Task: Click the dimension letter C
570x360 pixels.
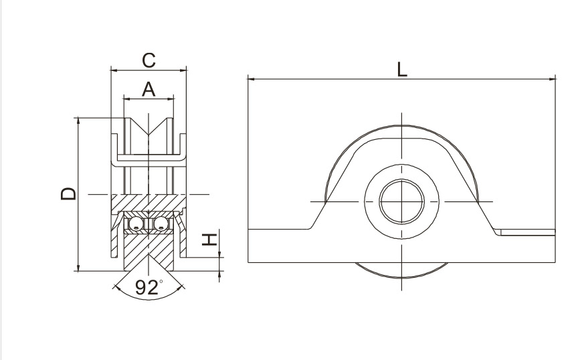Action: coord(149,60)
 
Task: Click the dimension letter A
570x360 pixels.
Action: coord(149,90)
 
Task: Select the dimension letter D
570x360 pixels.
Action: coord(68,194)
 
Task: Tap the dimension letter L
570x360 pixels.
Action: coord(401,70)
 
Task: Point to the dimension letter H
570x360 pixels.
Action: coord(209,240)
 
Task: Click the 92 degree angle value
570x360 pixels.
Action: coord(147,287)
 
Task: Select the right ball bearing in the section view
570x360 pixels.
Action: coord(161,224)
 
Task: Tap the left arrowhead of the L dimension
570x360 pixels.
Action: coord(251,78)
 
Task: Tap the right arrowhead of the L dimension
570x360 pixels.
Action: coord(553,78)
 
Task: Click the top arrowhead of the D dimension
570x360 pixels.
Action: coord(78,120)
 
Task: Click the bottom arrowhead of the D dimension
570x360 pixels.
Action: coord(78,268)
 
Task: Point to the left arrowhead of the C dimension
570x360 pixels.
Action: coord(114,70)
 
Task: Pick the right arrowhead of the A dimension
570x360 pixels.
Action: coord(171,98)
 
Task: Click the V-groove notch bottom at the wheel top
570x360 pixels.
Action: coord(149,135)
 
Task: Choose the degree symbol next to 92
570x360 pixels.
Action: coord(161,281)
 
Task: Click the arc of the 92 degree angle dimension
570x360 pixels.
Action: coord(149,299)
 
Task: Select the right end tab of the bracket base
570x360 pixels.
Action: coord(527,232)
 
